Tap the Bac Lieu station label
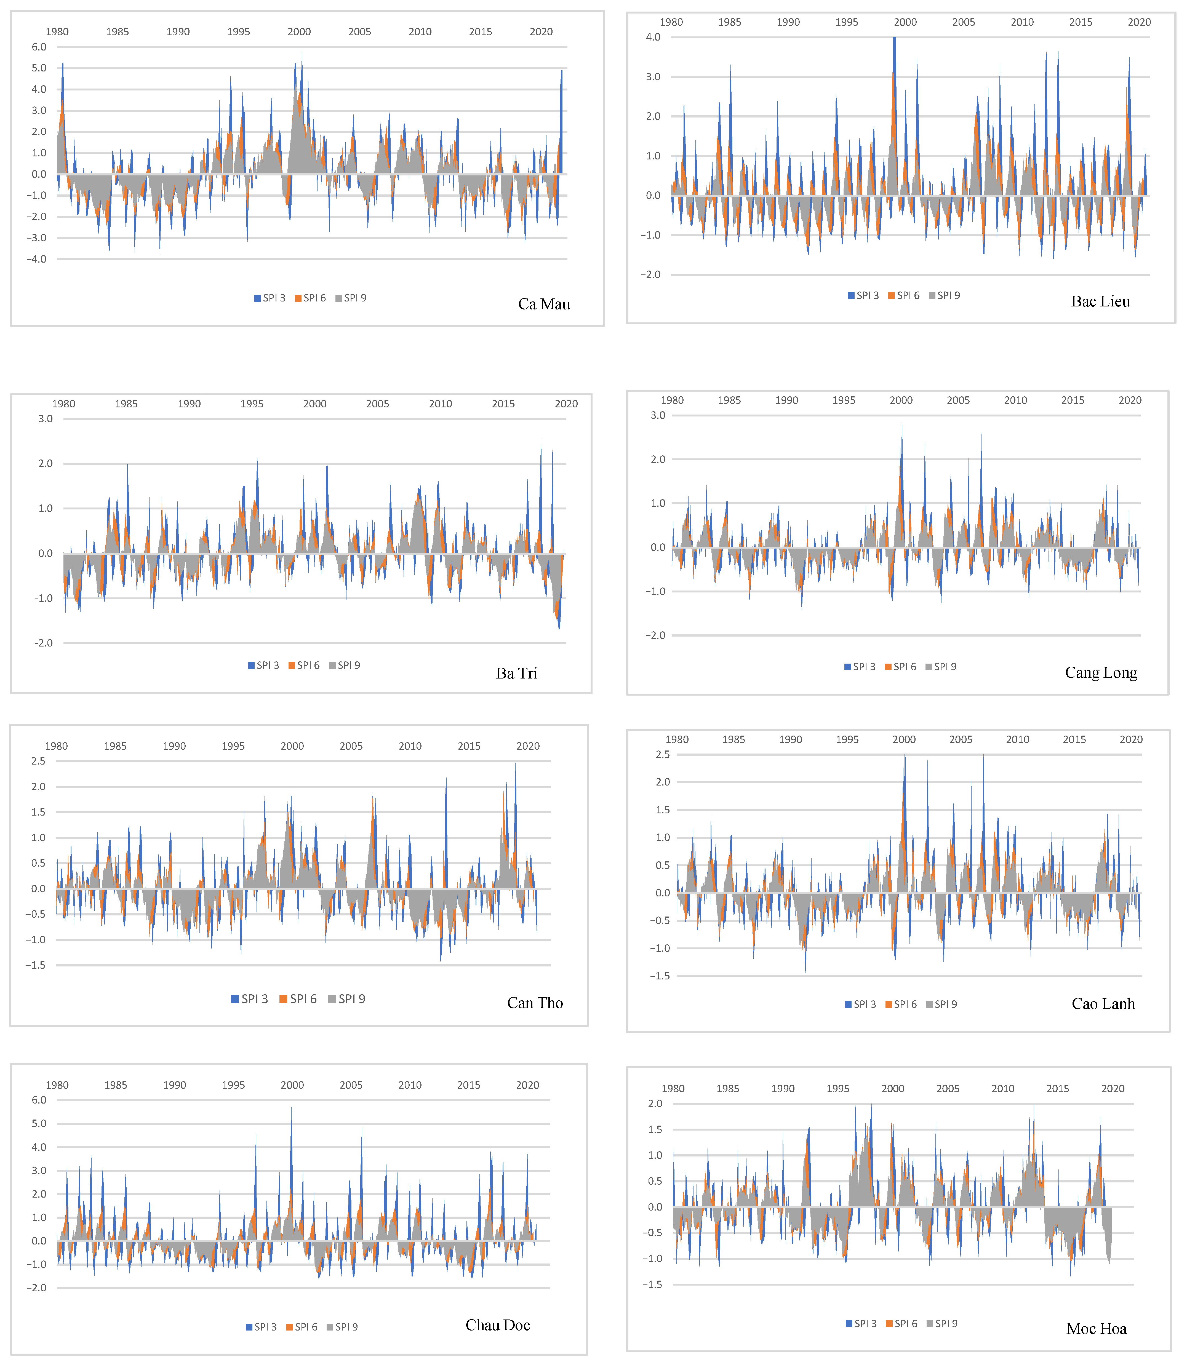(1100, 301)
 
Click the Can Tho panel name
(535, 1003)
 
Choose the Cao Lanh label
(1103, 1003)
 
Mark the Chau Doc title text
(497, 1325)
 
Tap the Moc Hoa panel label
(1096, 1329)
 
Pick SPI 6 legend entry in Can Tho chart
(298, 999)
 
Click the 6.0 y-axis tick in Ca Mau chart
(39, 47)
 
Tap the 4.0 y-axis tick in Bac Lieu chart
(653, 37)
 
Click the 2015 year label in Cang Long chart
(1073, 400)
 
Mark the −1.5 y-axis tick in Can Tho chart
(36, 965)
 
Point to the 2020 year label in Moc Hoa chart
(1113, 1088)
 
